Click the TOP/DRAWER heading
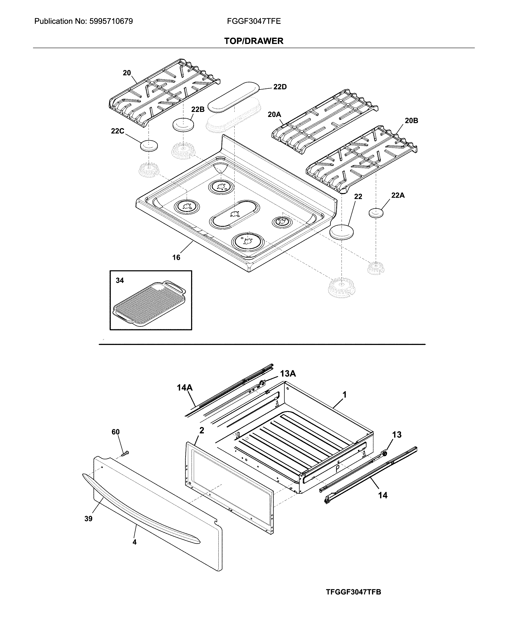(x=253, y=41)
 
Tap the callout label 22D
(x=280, y=87)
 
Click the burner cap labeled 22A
(x=376, y=213)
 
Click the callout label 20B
(x=411, y=120)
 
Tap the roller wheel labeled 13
(x=384, y=454)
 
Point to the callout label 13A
(x=288, y=373)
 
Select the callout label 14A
(x=185, y=388)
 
